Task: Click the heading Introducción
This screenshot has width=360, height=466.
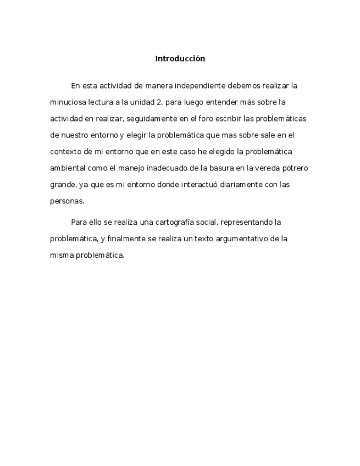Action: pos(180,58)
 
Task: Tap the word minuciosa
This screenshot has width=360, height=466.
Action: pos(67,102)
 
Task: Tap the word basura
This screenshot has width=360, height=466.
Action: pos(220,168)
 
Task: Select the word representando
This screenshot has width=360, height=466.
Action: pos(234,223)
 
